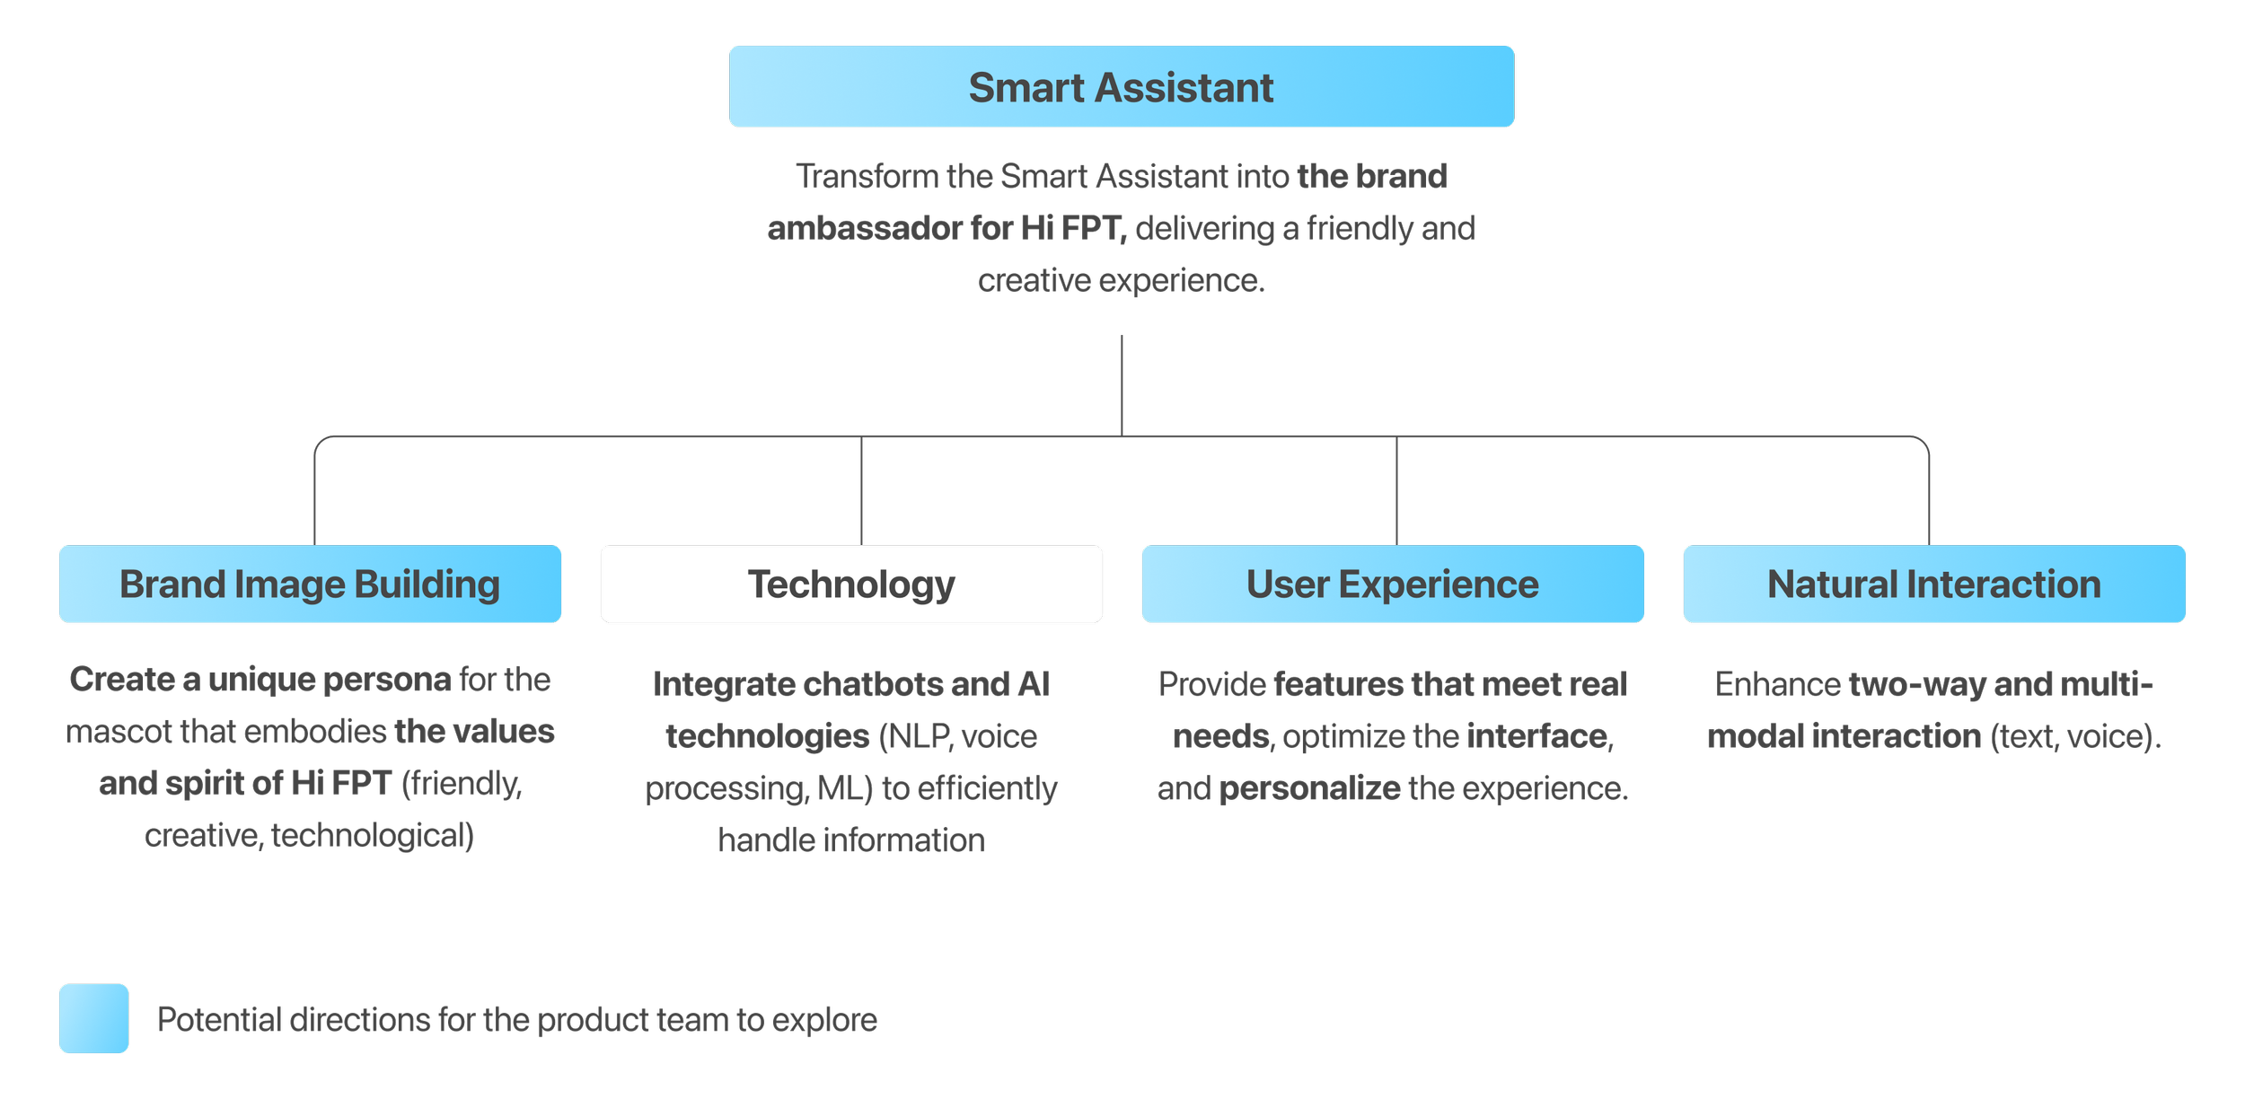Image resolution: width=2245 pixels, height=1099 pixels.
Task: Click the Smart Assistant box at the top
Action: tap(1121, 87)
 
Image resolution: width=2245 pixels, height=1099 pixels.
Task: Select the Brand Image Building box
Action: tap(310, 584)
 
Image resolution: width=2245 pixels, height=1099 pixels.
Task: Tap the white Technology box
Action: tap(851, 584)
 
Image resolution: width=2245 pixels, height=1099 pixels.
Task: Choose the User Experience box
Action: tap(1393, 584)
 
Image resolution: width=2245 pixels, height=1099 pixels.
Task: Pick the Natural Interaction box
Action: tap(1934, 584)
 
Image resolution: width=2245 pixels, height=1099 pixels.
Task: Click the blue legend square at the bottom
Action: tap(93, 1018)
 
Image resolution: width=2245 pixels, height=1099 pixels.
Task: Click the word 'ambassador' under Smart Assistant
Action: tap(865, 228)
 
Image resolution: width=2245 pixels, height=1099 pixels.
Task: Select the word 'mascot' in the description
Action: tap(119, 732)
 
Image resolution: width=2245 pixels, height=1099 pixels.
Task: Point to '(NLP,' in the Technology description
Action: tap(915, 736)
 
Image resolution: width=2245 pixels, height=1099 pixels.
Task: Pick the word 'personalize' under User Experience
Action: tap(1309, 788)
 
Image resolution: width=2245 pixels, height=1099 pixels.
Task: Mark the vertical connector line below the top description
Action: tap(1122, 386)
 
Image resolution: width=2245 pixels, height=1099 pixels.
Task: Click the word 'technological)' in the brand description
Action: tap(373, 835)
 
